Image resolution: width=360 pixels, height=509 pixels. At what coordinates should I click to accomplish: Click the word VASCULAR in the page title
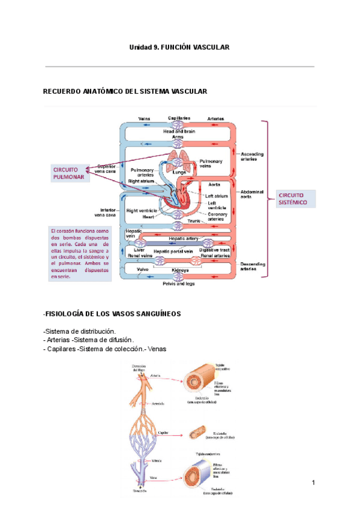point(211,47)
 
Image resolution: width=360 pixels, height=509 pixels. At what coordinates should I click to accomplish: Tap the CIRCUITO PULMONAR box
point(67,173)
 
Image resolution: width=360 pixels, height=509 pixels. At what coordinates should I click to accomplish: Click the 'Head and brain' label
point(179,131)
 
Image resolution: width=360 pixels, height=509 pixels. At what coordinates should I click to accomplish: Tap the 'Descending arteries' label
point(252,266)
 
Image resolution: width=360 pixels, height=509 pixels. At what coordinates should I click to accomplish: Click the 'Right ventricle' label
point(142,211)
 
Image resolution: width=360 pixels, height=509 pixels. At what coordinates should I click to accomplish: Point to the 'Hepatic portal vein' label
point(173,251)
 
